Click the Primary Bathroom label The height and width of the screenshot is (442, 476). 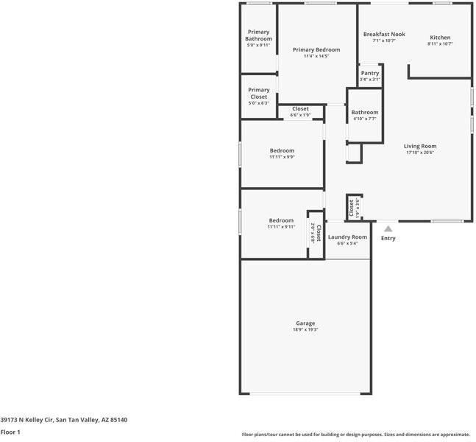(x=258, y=35)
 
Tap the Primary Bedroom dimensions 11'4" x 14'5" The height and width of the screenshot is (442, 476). (x=316, y=56)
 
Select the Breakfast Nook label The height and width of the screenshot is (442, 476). (x=384, y=35)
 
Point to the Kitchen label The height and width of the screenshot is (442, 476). (x=440, y=38)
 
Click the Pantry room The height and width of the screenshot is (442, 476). (x=370, y=75)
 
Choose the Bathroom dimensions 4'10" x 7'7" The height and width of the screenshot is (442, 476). (x=365, y=119)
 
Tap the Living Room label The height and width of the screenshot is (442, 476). (x=420, y=146)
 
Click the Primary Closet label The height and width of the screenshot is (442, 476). (x=258, y=94)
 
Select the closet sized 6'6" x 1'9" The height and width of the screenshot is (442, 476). (x=300, y=111)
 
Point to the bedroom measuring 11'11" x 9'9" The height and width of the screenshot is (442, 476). (x=281, y=153)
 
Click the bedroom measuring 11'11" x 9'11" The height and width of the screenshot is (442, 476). (x=281, y=223)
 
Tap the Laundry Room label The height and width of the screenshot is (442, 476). (x=347, y=237)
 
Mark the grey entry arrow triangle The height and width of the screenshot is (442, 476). (x=388, y=229)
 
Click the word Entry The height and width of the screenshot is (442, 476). (x=388, y=238)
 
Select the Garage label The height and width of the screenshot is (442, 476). (x=305, y=323)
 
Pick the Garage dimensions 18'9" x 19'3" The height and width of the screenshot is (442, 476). (x=305, y=329)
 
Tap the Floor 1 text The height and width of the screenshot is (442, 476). (x=10, y=432)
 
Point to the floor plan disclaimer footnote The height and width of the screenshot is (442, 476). (x=355, y=435)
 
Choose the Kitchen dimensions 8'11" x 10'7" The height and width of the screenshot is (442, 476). (x=440, y=43)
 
